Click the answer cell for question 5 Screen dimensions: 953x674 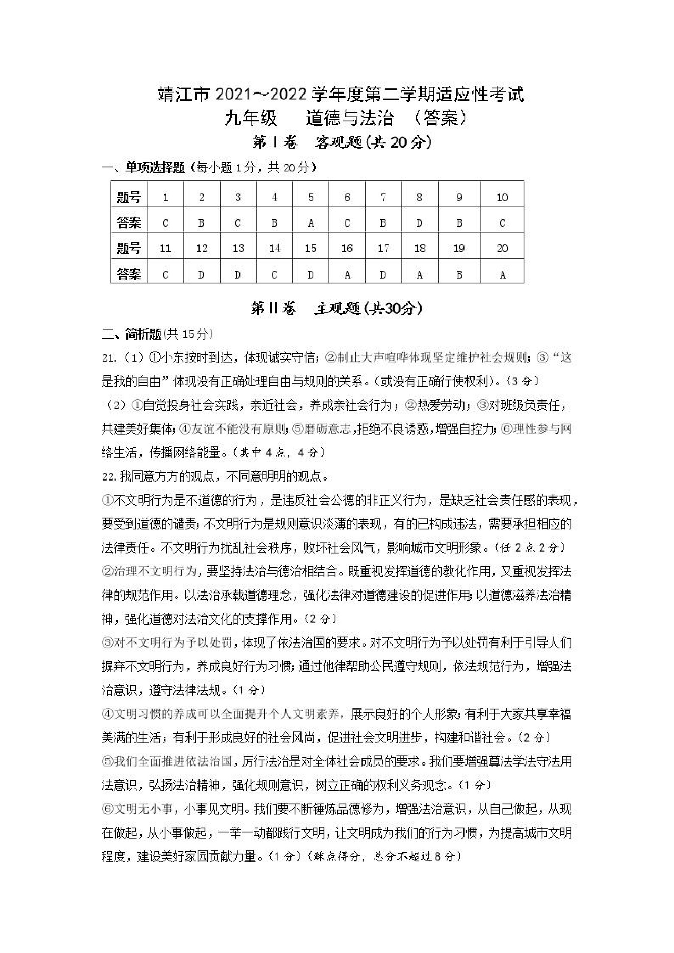coord(311,223)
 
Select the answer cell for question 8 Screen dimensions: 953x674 coord(419,223)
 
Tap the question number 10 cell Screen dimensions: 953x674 coord(502,197)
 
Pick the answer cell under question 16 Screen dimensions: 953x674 coord(347,274)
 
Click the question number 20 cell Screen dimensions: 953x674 coord(502,248)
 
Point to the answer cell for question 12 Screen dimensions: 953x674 coord(201,274)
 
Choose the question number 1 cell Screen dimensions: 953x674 coord(165,197)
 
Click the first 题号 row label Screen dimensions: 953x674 coord(129,197)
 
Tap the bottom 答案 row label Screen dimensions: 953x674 coord(129,274)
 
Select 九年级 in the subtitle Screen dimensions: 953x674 coord(251,119)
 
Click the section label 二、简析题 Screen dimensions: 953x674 coord(131,334)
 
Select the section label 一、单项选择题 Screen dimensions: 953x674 coord(143,168)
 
